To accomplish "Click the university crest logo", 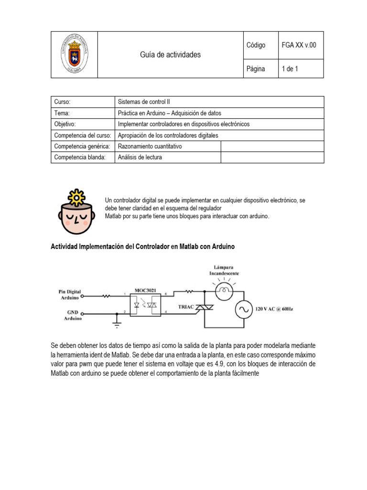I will tap(74, 55).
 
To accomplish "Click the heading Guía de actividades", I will tap(170, 55).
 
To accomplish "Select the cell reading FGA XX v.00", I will tap(299, 45).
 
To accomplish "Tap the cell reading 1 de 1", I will tap(290, 69).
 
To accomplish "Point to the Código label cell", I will tap(256, 45).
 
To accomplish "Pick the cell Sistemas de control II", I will tap(144, 102).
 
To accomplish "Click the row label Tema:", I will tap(62, 113).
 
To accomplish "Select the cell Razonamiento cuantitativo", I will tap(150, 146).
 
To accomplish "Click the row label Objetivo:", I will tap(65, 124).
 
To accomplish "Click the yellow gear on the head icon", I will tap(76, 197).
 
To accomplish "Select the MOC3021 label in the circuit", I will tap(145, 290).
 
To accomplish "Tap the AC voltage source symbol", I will tap(243, 310).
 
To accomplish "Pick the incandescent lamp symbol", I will tap(223, 289).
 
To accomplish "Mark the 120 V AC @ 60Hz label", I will tap(274, 310).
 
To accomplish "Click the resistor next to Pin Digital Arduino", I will tap(106, 296).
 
